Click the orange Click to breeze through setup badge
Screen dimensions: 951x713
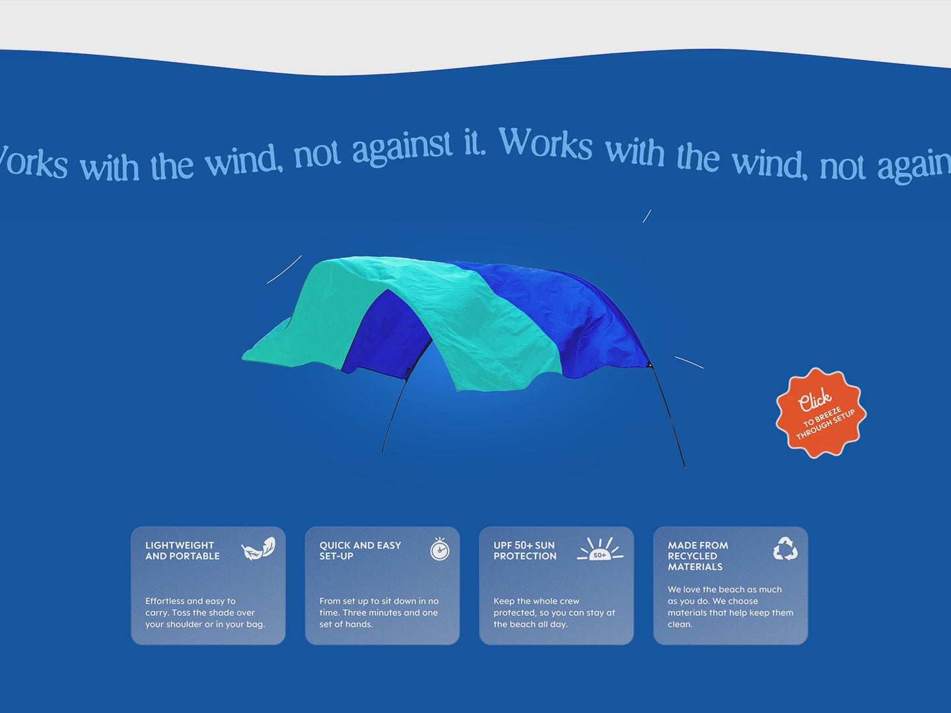click(x=821, y=413)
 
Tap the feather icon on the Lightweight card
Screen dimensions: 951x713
click(x=258, y=549)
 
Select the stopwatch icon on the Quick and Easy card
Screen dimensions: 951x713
click(x=440, y=549)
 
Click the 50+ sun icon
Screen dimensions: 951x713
click(x=600, y=549)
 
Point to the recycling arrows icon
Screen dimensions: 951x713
click(x=785, y=549)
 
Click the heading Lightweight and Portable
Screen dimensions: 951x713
click(x=182, y=551)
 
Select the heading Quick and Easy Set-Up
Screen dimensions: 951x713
click(x=360, y=551)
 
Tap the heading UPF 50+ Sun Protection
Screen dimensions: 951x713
click(x=524, y=551)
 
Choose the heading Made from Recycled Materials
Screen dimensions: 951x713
click(x=697, y=556)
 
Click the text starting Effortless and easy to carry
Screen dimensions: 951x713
click(x=205, y=613)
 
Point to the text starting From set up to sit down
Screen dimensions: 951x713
click(x=379, y=613)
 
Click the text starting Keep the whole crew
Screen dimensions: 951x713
click(x=554, y=613)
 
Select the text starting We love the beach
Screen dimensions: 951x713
click(x=730, y=607)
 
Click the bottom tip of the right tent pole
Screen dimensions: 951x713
click(x=685, y=467)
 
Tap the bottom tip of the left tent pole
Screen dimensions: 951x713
click(x=382, y=453)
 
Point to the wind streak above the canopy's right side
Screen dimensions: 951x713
click(x=647, y=216)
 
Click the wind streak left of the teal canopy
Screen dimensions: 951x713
click(x=284, y=270)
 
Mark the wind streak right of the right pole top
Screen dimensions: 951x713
click(x=689, y=362)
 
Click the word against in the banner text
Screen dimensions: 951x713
click(x=402, y=149)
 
